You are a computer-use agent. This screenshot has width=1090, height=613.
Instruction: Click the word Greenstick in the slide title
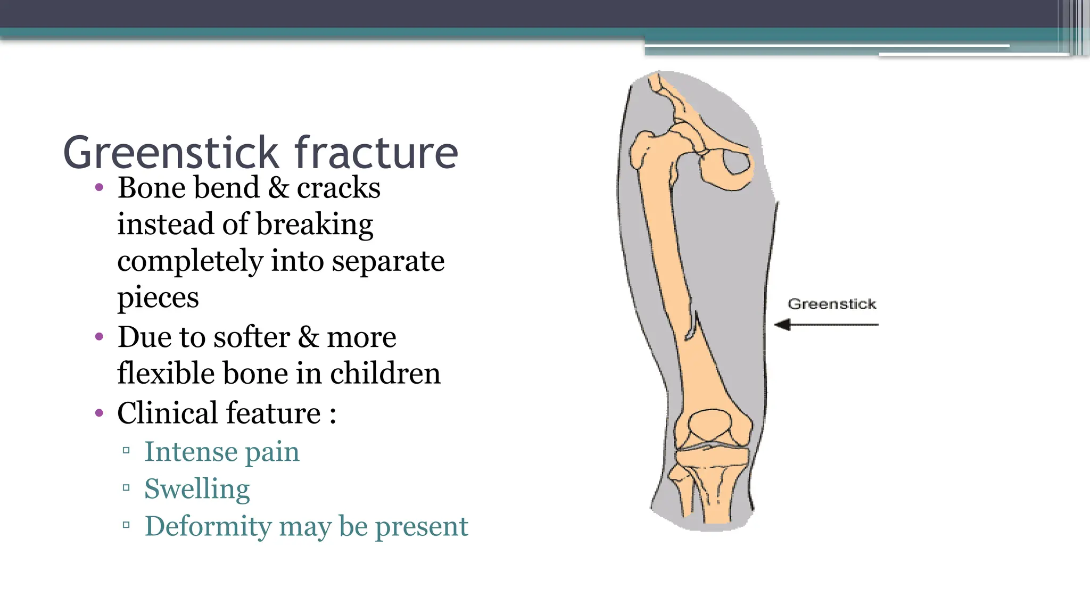171,153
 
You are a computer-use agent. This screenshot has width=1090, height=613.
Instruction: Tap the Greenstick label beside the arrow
831,304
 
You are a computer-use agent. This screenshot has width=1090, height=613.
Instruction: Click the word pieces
158,298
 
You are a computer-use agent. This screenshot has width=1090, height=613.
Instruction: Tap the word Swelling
197,489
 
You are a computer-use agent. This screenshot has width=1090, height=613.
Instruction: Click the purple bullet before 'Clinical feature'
99,413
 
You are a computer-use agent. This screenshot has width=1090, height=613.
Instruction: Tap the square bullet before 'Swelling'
126,487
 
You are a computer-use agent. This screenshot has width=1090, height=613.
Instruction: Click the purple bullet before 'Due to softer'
99,337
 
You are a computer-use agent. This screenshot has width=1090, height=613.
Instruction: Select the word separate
388,261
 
